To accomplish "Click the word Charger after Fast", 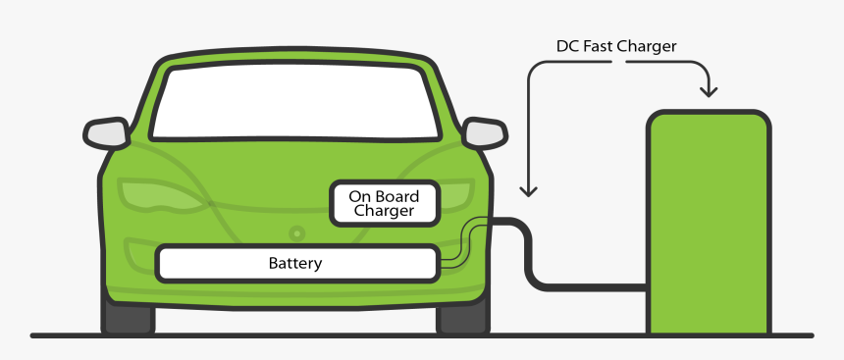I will pyautogui.click(x=646, y=46).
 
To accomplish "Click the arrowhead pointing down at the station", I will pyautogui.click(x=708, y=91).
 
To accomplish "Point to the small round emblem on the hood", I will pyautogui.click(x=296, y=233).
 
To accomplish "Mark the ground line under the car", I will pyautogui.click(x=294, y=335).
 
